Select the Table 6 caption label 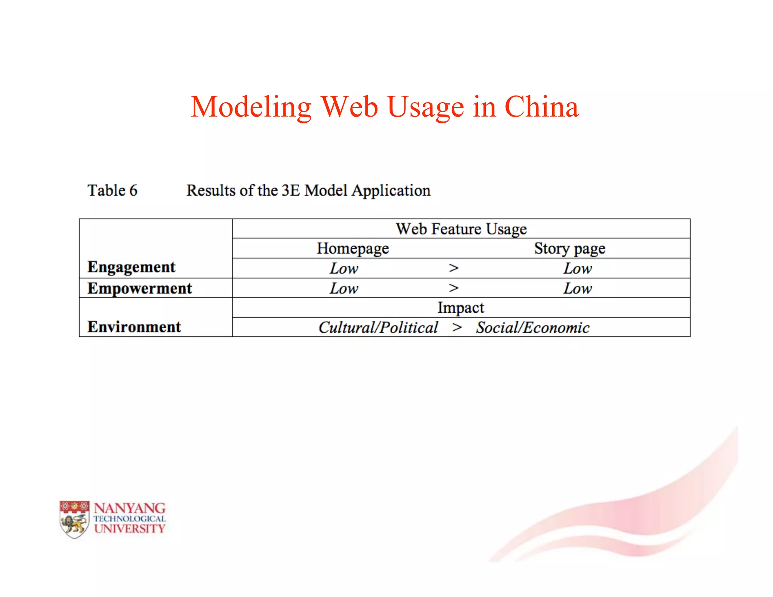[x=112, y=190]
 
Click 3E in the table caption [x=291, y=190]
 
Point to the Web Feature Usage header [x=461, y=229]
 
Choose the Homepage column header [x=353, y=249]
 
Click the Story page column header [x=570, y=249]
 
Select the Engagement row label [x=131, y=267]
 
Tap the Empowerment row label [x=140, y=288]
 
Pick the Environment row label [x=134, y=327]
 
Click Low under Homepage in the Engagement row [x=344, y=269]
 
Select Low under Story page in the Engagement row [x=577, y=269]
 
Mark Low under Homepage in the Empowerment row [x=344, y=289]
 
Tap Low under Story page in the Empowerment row [x=577, y=289]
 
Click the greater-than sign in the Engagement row [x=454, y=268]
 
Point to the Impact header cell [x=460, y=308]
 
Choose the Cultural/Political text [x=378, y=328]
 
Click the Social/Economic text [x=533, y=328]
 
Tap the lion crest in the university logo [x=74, y=520]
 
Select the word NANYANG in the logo [x=129, y=508]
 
